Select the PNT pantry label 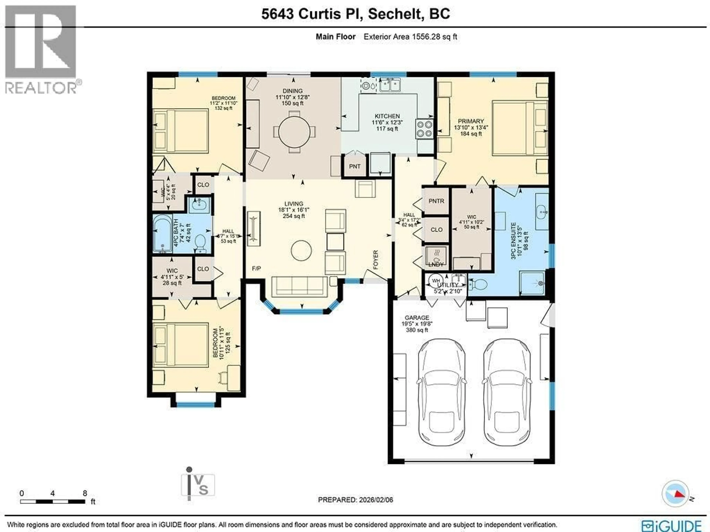[x=355, y=166]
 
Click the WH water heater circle [x=436, y=281]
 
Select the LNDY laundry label [x=436, y=264]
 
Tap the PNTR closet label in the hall [x=436, y=201]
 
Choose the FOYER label [x=376, y=259]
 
